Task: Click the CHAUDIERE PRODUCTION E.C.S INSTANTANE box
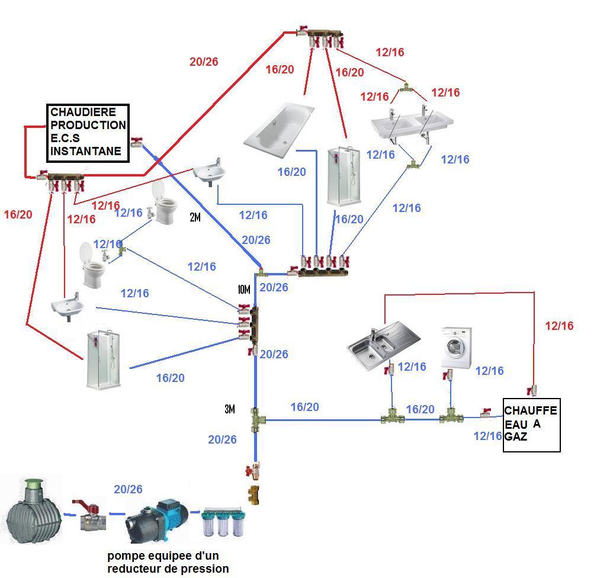click(88, 132)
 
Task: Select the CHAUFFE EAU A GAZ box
click(531, 424)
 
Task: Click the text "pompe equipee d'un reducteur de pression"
click(168, 562)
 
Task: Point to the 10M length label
click(244, 290)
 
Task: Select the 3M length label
click(229, 409)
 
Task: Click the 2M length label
click(195, 217)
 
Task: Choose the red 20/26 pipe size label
click(204, 62)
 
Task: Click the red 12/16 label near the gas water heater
click(559, 326)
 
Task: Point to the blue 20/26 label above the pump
click(128, 489)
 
